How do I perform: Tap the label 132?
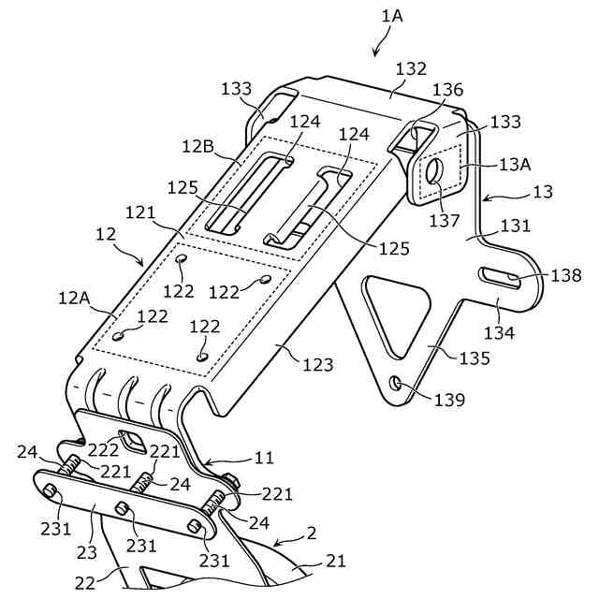pos(410,69)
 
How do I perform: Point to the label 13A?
pos(514,163)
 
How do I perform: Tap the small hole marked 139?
pos(398,382)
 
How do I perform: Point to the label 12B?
pos(197,147)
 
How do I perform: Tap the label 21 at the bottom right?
pos(335,562)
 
